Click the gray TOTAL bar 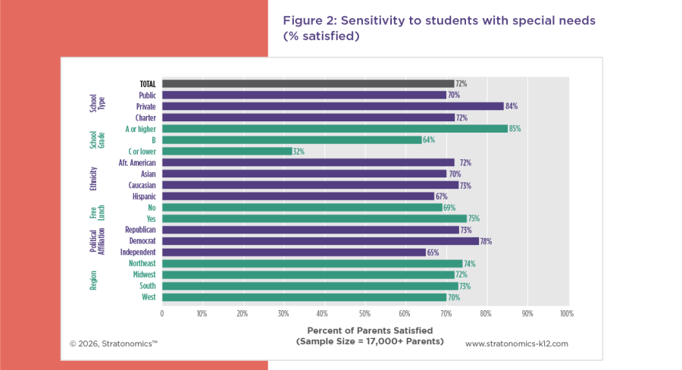coord(308,84)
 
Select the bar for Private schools coord(333,106)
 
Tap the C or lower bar coord(227,152)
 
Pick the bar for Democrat coord(321,241)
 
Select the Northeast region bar coord(312,264)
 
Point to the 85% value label coord(515,129)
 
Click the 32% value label coord(299,152)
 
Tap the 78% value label coord(486,241)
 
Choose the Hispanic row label coord(144,196)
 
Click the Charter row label coord(145,118)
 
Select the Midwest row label coord(144,274)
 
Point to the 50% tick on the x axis coord(364,313)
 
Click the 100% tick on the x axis coord(566,313)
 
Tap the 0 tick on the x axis coord(161,313)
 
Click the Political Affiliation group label coord(98,241)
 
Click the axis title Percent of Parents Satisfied coord(370,331)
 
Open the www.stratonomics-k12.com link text coord(516,343)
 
